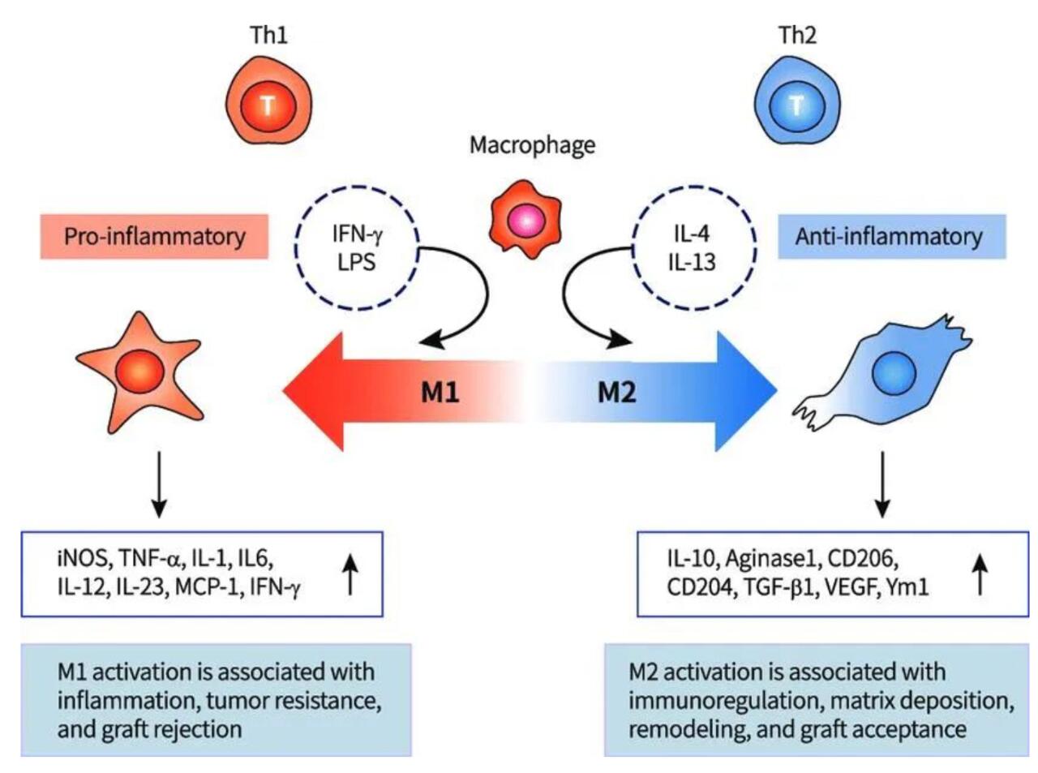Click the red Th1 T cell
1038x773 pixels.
point(268,104)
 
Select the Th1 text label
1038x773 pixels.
point(268,35)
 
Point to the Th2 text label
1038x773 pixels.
point(797,35)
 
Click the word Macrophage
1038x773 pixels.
point(532,145)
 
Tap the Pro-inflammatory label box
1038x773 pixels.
point(154,237)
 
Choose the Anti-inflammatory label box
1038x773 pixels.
point(890,237)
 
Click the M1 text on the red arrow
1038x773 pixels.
point(440,393)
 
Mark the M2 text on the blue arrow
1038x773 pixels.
point(617,393)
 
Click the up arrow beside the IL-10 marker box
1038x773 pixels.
point(980,573)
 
